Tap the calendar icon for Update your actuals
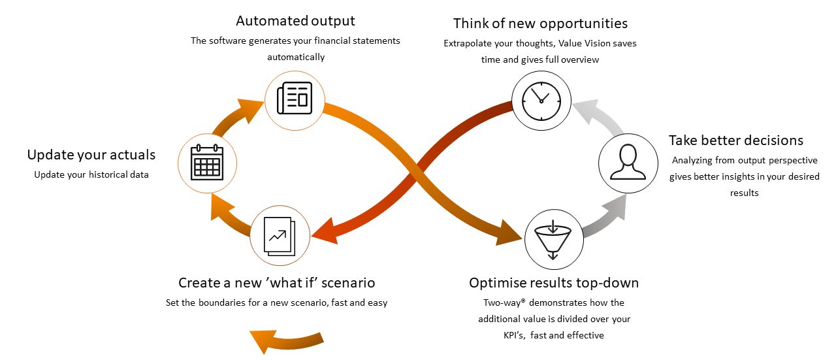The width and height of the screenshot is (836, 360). coord(207,162)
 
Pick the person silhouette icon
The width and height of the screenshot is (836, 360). coord(628,163)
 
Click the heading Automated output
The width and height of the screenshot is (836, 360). coord(295,21)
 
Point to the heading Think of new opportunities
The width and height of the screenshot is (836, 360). coord(540,24)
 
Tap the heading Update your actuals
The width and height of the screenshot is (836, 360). coord(91,155)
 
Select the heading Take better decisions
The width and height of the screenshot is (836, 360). coord(736,140)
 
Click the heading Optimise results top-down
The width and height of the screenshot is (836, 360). coord(553,283)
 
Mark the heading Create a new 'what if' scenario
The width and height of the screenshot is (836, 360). coord(277,283)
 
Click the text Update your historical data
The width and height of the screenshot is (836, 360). coord(91,174)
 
